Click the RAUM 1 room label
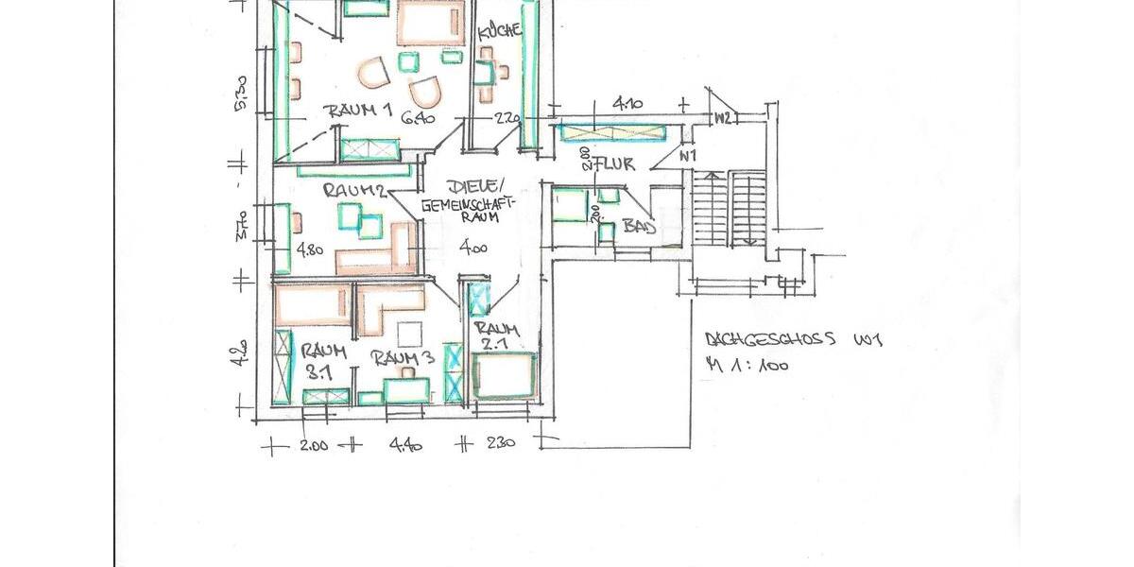[359, 112]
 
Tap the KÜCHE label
[500, 31]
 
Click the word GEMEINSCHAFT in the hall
[468, 204]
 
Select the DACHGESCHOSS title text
[770, 340]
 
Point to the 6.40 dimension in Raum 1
[416, 118]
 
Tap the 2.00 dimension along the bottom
[313, 445]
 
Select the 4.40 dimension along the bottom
[406, 445]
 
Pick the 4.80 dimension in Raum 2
[310, 251]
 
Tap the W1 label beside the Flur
[687, 154]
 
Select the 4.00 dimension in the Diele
[472, 249]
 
